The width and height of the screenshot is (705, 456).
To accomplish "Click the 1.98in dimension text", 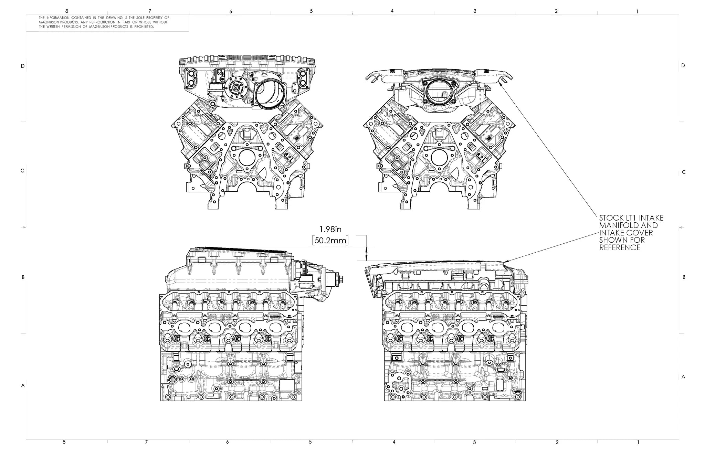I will [x=330, y=229].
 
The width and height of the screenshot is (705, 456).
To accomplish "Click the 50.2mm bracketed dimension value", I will [x=330, y=240].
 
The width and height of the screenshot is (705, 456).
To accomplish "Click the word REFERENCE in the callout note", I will [x=620, y=248].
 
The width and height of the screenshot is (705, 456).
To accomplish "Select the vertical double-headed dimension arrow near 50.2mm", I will [x=366, y=254].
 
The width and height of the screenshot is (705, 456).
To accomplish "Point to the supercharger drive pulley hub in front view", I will [x=236, y=88].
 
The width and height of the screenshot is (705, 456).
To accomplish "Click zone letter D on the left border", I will [x=23, y=66].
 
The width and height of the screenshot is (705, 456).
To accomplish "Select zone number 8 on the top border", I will [x=67, y=11].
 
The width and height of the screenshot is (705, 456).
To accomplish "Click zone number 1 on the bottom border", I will [x=638, y=442].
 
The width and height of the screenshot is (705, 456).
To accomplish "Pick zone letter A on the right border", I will [x=683, y=377].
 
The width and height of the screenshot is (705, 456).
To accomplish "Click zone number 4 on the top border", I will [x=392, y=11].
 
